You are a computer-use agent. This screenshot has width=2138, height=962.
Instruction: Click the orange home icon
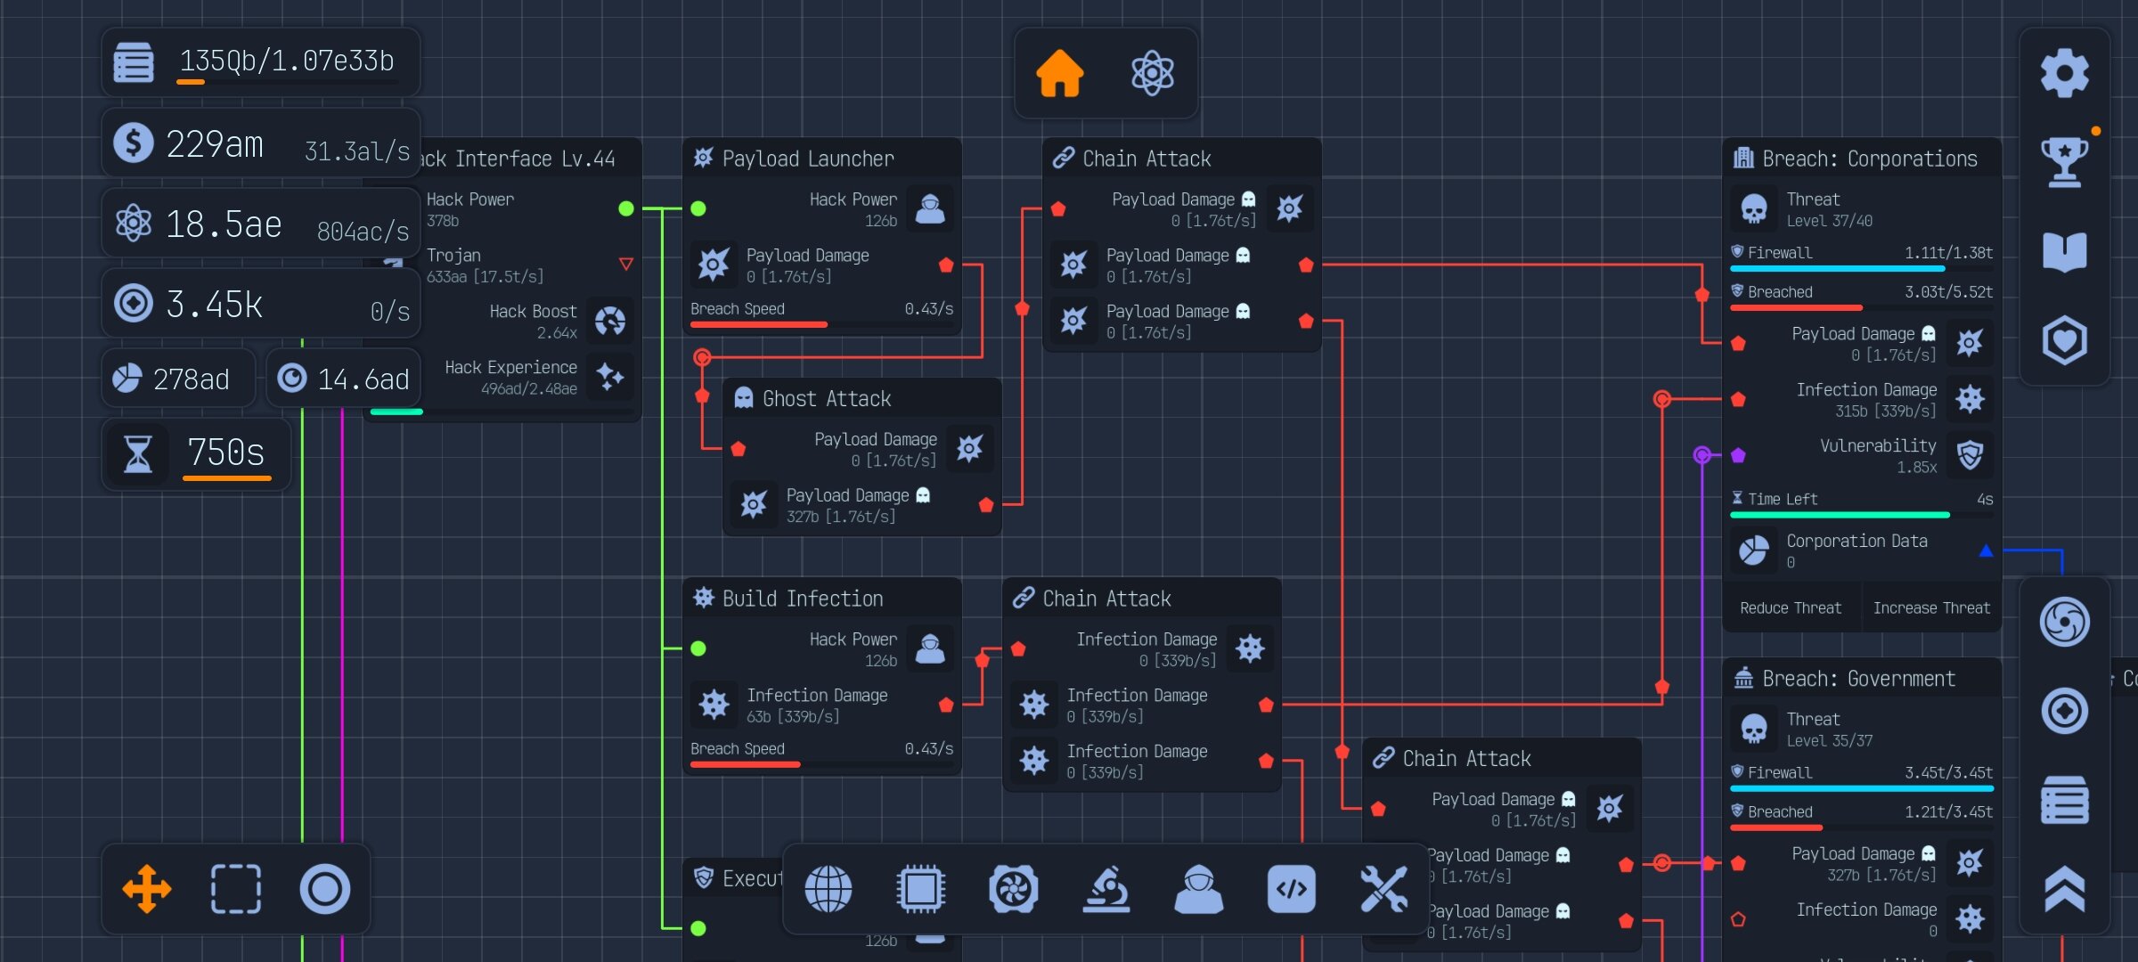(1059, 73)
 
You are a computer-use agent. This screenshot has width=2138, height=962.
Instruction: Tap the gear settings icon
(2064, 73)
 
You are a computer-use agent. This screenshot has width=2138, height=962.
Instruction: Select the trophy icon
(2064, 162)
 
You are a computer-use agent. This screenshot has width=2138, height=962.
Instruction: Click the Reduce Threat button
(1791, 607)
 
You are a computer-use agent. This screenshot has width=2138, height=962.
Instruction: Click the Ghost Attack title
(826, 399)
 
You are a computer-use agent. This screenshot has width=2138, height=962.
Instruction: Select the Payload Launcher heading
(807, 159)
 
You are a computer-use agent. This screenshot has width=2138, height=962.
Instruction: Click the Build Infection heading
(802, 599)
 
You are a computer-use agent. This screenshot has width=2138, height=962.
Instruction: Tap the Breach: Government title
(1858, 679)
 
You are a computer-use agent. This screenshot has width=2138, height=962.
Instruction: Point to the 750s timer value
(225, 452)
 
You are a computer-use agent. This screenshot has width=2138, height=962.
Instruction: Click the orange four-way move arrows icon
(147, 889)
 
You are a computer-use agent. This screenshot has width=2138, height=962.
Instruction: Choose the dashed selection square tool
(236, 889)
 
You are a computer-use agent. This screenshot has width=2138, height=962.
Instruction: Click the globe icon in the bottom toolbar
(828, 889)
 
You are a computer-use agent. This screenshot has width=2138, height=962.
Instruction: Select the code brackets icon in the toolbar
(1291, 889)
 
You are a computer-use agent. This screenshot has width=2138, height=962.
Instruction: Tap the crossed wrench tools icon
(1383, 889)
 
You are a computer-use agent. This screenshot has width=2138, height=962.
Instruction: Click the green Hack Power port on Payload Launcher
(698, 208)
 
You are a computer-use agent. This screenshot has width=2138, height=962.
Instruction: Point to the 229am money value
(215, 144)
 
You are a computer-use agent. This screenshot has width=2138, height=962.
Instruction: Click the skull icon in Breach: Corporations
(1754, 209)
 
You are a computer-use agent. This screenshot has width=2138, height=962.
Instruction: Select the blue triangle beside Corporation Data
(1986, 550)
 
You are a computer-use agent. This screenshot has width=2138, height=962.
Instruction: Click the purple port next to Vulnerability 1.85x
(1738, 455)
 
